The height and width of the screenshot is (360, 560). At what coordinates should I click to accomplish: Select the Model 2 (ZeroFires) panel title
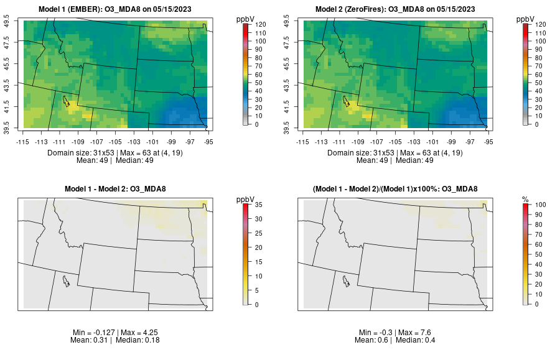click(x=397, y=9)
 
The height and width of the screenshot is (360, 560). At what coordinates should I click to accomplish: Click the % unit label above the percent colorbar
click(x=526, y=200)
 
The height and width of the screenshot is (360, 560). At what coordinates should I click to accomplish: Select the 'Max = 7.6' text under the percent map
click(x=418, y=333)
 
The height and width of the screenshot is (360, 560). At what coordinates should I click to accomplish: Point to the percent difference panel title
click(x=397, y=189)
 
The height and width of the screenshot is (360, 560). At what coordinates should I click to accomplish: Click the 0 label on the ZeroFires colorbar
click(x=536, y=124)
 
